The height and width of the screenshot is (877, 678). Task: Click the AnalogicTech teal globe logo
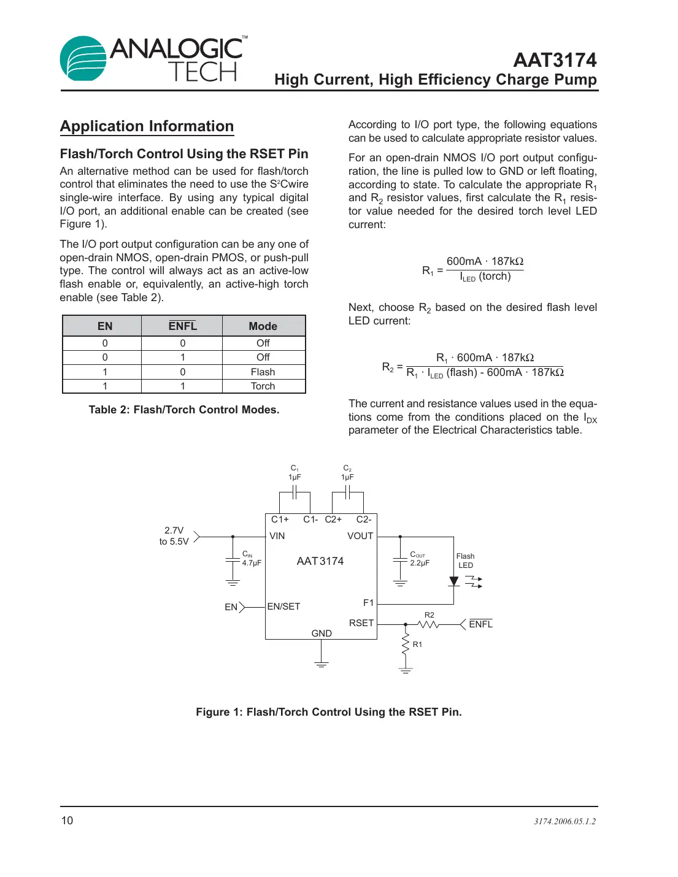click(83, 58)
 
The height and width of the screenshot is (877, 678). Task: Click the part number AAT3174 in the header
click(555, 60)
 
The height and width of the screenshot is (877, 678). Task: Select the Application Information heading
click(147, 126)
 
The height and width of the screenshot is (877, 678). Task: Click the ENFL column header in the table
click(182, 326)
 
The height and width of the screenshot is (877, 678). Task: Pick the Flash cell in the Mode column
click(263, 372)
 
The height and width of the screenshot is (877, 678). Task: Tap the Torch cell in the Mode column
click(263, 386)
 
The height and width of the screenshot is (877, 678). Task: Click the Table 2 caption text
click(183, 410)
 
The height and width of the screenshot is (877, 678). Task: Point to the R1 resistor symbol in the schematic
click(406, 645)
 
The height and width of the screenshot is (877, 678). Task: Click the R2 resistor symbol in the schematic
click(429, 624)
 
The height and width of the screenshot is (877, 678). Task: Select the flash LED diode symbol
click(454, 581)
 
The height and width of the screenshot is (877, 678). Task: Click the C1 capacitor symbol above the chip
click(295, 492)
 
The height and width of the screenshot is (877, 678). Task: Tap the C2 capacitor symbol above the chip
click(347, 492)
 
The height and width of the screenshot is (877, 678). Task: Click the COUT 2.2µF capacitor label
click(420, 558)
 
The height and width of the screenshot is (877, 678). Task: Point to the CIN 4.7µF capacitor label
click(251, 558)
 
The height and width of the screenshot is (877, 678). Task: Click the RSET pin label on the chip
click(361, 623)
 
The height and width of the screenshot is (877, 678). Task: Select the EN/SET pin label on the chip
click(283, 607)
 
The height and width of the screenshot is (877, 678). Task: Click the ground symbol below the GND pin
click(321, 664)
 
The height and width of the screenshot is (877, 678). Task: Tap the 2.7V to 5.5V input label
click(174, 536)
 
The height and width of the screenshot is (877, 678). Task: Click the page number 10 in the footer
click(67, 821)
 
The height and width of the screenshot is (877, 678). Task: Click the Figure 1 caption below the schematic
click(329, 712)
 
